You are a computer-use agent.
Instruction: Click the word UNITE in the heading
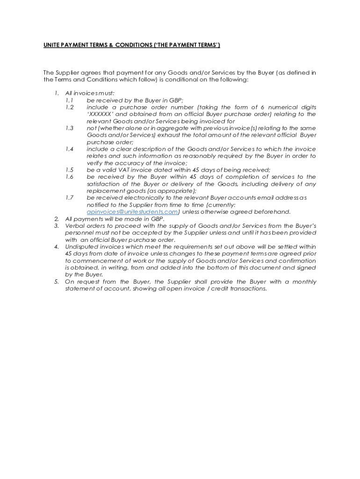click(52, 45)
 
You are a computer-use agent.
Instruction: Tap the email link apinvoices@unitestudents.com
click(132, 212)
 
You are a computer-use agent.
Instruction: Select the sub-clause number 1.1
click(70, 101)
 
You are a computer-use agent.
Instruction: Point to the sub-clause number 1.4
click(70, 149)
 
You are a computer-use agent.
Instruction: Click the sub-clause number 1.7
click(70, 198)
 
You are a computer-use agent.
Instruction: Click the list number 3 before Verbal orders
click(57, 226)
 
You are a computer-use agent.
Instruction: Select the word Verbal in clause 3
click(75, 226)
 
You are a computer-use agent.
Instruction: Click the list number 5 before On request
click(57, 282)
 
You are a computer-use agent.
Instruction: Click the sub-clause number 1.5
click(70, 170)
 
